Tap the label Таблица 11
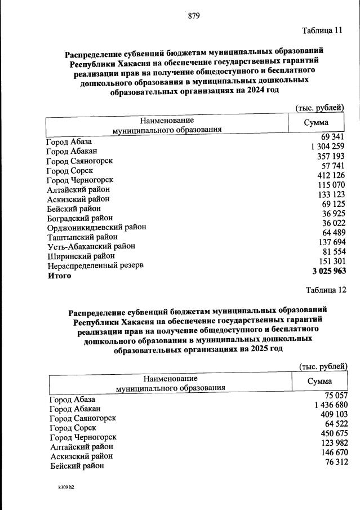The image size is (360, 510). [322, 30]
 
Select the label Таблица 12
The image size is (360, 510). [325, 290]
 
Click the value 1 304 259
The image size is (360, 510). [327, 147]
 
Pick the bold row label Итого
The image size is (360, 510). [60, 276]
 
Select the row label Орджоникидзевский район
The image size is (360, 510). [97, 227]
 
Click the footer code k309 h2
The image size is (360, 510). [62, 487]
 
